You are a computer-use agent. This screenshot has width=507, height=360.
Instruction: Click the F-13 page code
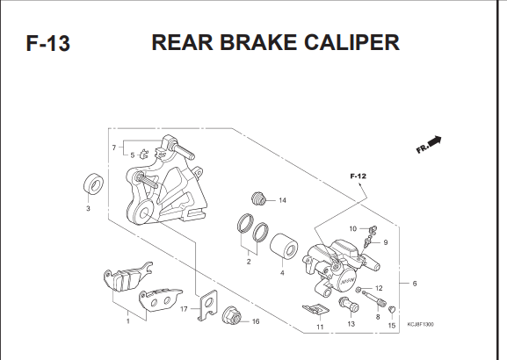[47, 43]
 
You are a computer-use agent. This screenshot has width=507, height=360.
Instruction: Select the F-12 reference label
[359, 176]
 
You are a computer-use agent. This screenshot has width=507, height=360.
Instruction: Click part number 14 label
[282, 200]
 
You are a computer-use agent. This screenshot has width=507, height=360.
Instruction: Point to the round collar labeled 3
[94, 184]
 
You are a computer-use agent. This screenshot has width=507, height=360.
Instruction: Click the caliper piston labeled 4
[284, 246]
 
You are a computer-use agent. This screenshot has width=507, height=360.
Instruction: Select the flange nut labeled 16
[232, 315]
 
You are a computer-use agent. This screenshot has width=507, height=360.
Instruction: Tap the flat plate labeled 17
[207, 305]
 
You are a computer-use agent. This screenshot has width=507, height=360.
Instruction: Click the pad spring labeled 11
[315, 310]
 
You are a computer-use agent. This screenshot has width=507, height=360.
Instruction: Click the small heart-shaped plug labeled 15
[392, 309]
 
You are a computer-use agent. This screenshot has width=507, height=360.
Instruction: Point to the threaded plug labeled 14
[258, 198]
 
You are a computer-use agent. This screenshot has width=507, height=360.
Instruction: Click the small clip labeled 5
[143, 154]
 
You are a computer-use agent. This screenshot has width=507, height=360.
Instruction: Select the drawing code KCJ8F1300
[420, 325]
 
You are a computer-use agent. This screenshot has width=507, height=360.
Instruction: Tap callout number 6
[415, 284]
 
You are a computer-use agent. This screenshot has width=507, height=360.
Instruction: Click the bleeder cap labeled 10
[373, 230]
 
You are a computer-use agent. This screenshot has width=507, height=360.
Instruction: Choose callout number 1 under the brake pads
[128, 321]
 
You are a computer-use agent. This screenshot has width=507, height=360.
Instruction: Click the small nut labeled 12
[359, 290]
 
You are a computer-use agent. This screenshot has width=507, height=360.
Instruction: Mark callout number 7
[114, 148]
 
